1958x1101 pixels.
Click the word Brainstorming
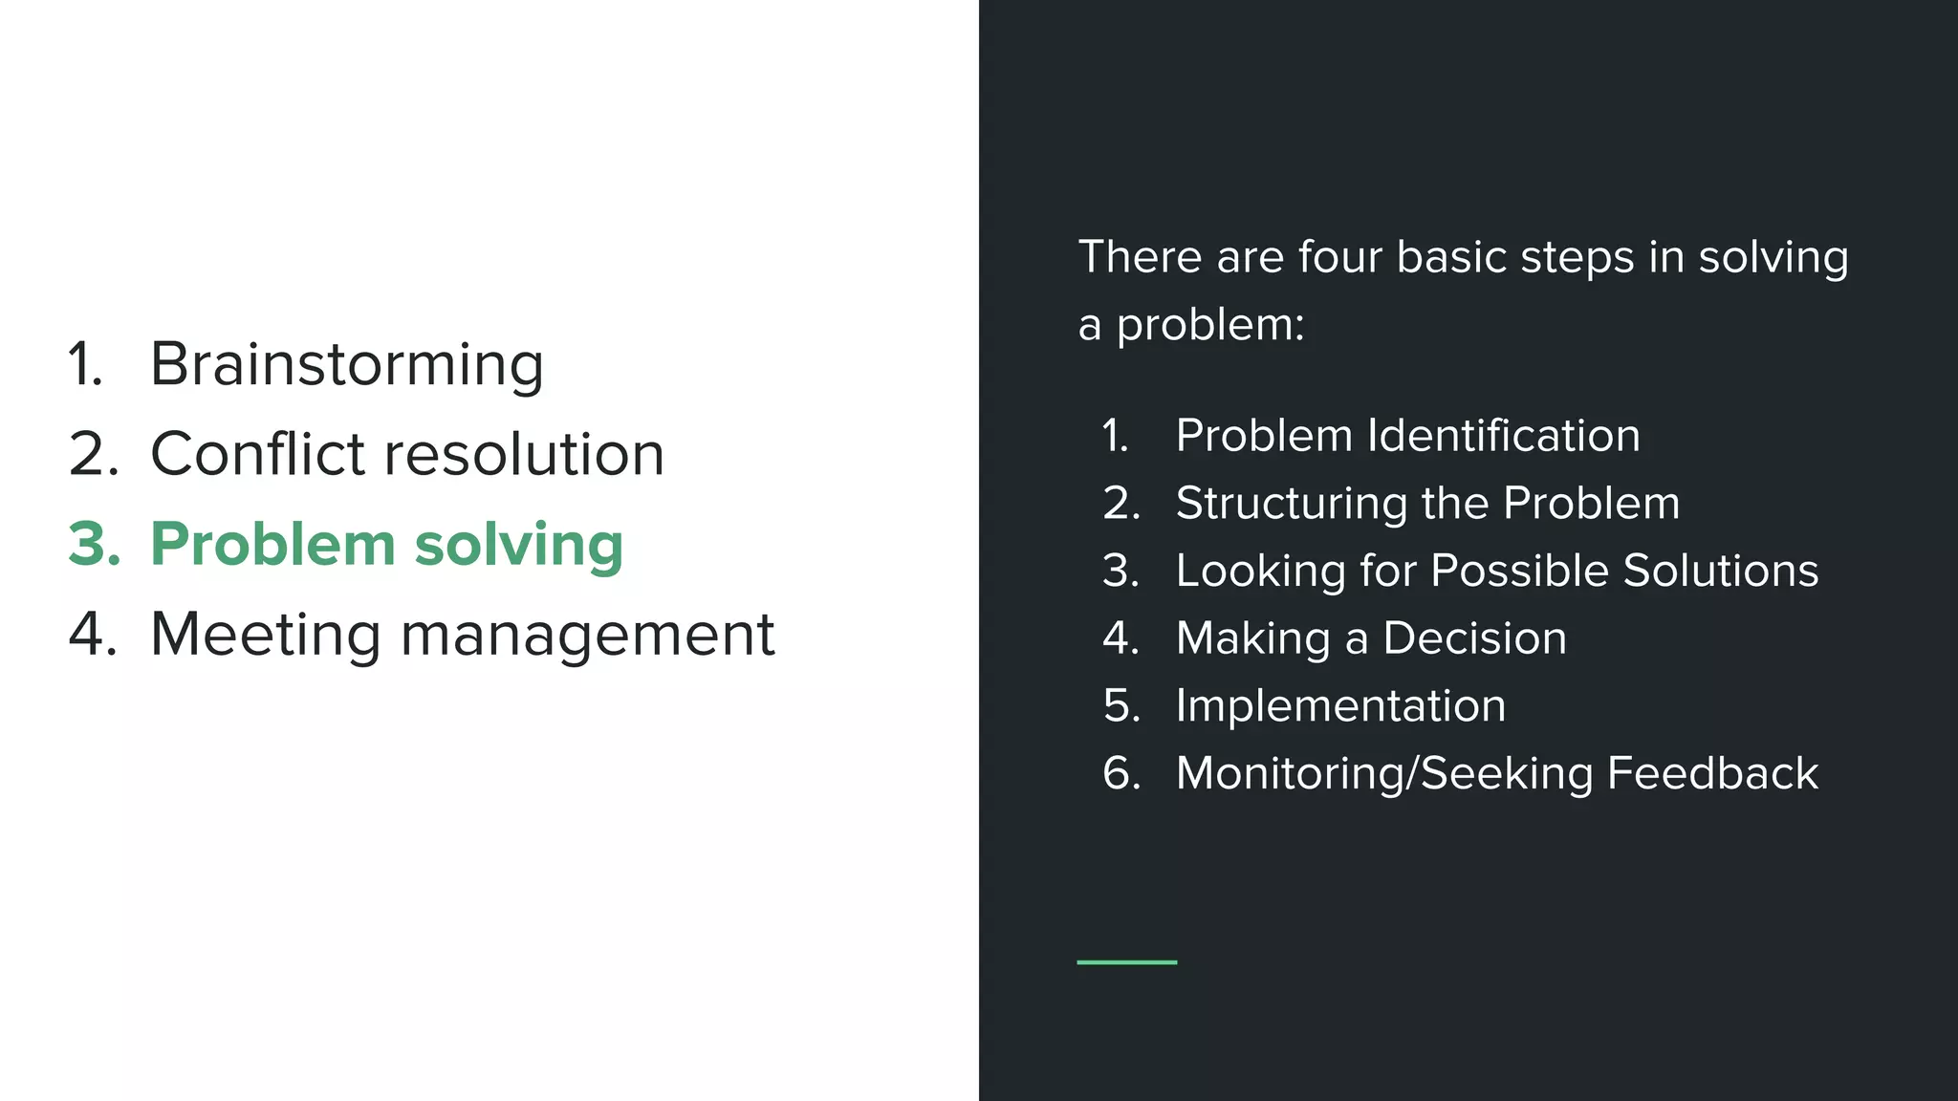pos(346,364)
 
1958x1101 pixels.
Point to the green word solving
pos(518,546)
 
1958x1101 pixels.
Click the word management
pos(587,636)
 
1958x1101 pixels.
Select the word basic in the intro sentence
pos(1451,257)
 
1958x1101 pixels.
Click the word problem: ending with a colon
pos(1209,326)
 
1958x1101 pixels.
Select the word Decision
pos(1474,638)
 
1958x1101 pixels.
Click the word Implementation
pos(1340,707)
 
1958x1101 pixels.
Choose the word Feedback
pos(1712,773)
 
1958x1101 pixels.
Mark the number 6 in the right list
pos(1120,773)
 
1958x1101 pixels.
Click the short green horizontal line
pos(1126,961)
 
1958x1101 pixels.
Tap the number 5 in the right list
pos(1120,706)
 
